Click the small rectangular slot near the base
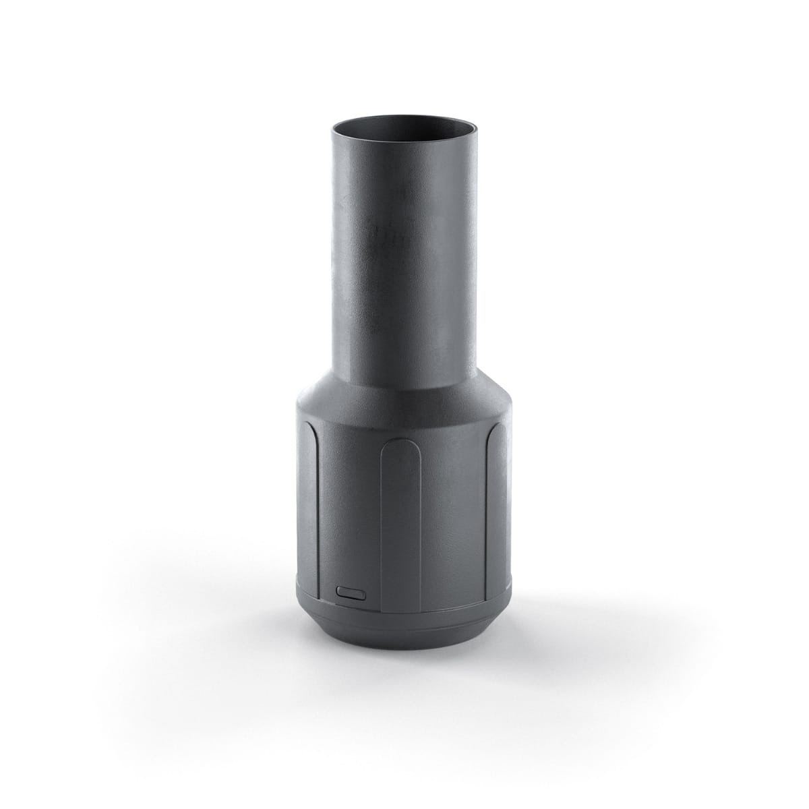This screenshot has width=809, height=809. coord(350,592)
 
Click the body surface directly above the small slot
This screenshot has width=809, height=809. coord(350,539)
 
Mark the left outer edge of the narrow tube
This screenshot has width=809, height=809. coord(333,256)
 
